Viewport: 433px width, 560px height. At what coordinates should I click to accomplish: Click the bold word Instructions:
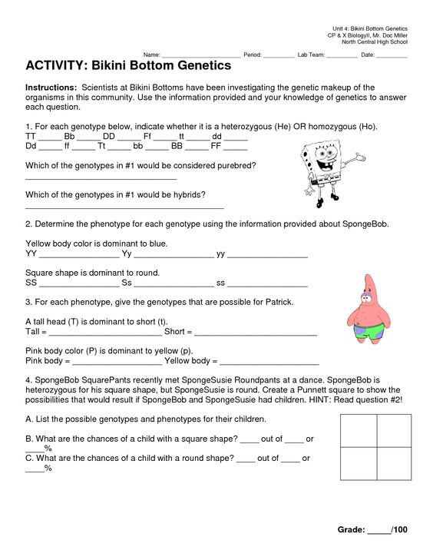51,88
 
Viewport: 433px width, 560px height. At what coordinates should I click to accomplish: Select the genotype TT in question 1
31,135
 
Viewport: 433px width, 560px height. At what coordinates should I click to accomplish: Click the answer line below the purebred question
101,178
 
